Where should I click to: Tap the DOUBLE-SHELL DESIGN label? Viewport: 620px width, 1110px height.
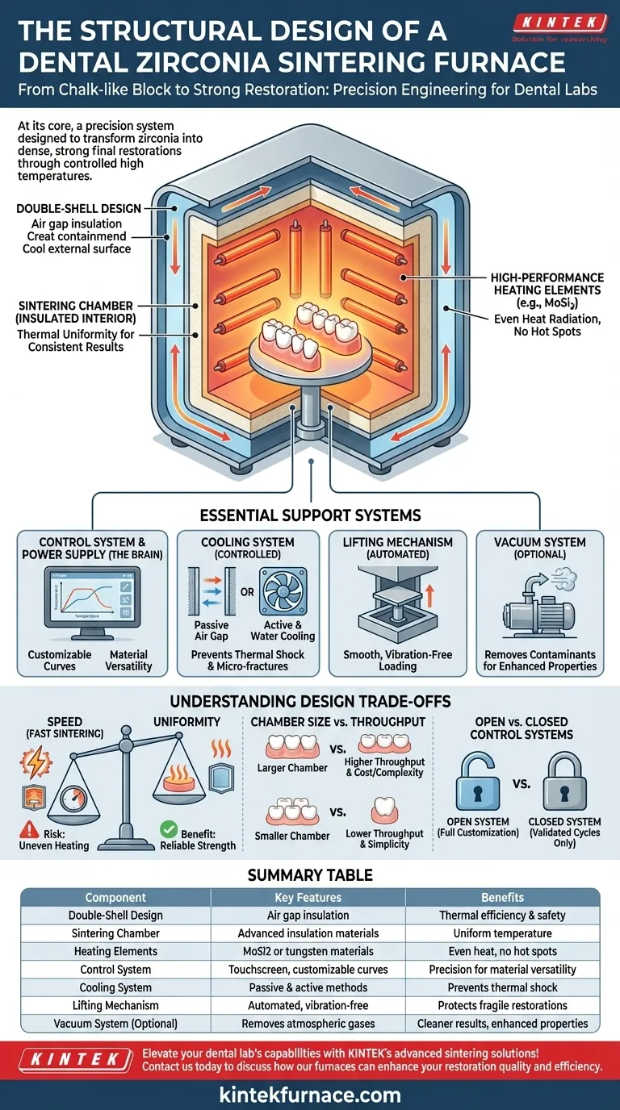67,209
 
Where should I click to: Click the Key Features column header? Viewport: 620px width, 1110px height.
308,897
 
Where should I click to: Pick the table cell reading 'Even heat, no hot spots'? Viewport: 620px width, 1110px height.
502,951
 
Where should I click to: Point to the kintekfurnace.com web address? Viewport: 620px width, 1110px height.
310,1095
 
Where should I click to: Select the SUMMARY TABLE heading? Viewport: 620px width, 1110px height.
310,874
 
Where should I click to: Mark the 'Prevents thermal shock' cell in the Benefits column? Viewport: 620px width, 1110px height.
502,987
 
